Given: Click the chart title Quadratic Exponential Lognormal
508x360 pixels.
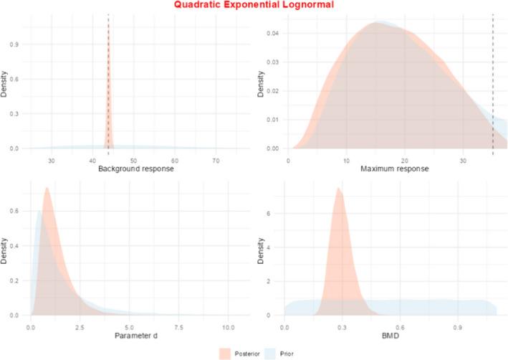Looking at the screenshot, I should (x=254, y=5).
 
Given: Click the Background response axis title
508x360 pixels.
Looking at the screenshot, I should (x=134, y=169).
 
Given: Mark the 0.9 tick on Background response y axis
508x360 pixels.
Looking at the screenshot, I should (x=19, y=44).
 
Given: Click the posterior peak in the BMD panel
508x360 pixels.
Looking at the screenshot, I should (x=339, y=189).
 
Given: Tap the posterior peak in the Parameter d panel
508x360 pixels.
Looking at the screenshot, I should (x=47, y=189).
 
